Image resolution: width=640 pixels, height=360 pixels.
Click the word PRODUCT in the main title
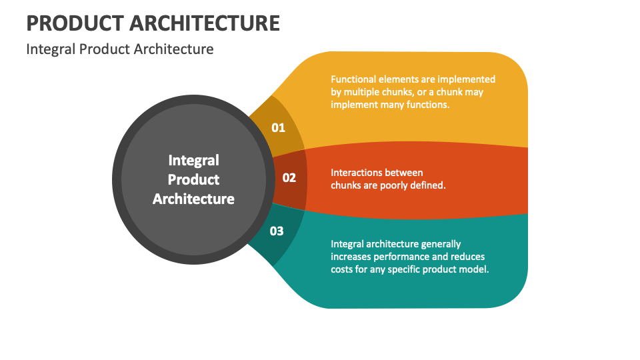click(75, 23)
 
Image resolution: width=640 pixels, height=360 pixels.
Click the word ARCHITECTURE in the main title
click(205, 23)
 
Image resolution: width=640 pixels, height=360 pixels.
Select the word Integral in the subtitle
click(51, 49)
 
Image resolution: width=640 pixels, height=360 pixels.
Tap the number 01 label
click(279, 128)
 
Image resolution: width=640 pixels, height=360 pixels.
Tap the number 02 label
click(289, 178)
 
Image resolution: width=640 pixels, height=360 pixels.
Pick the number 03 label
click(277, 231)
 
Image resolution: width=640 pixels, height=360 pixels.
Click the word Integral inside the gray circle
click(194, 161)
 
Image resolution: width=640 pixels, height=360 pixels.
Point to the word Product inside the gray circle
click(193, 179)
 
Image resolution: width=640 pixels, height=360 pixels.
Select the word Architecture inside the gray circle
click(193, 199)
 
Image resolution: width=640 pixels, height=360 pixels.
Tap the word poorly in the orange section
click(393, 186)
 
